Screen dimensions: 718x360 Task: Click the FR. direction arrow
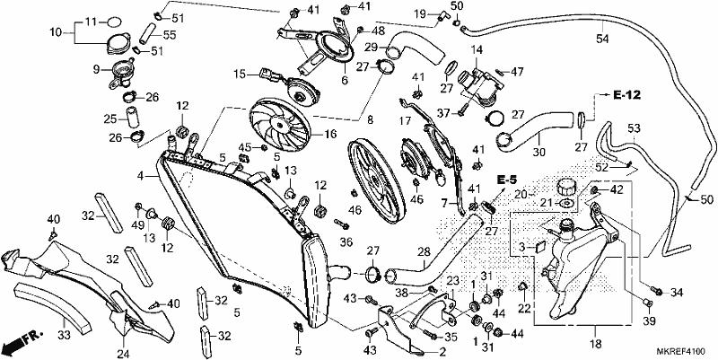(22, 340)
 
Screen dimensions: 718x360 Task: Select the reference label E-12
(626, 95)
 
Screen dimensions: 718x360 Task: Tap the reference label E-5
(506, 180)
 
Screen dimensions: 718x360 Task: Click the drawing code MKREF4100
(681, 352)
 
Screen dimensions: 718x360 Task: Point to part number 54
(602, 40)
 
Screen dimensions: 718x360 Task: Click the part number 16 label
(330, 135)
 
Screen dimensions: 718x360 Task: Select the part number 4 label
(142, 175)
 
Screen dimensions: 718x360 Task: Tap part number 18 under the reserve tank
(596, 344)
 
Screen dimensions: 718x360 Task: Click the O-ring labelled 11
(115, 22)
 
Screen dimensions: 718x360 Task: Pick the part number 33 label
(64, 335)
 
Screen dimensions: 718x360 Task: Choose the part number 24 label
(124, 354)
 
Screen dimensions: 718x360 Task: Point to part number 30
(539, 153)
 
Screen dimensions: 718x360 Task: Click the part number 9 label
(96, 70)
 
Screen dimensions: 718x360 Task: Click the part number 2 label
(442, 352)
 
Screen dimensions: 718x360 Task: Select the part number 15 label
(240, 74)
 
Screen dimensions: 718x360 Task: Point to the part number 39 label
(650, 320)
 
